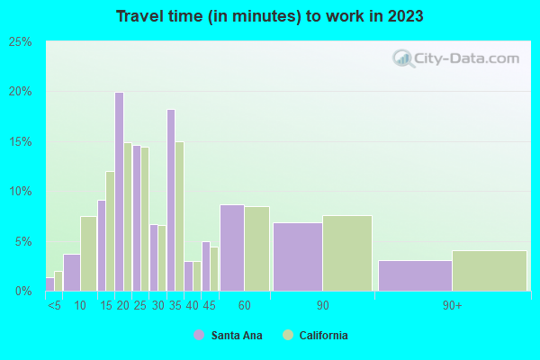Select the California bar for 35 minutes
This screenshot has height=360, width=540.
click(x=179, y=216)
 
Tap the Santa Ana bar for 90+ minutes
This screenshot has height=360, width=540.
click(x=415, y=275)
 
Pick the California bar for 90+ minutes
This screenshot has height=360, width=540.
click(x=489, y=271)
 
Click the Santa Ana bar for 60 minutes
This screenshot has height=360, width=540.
click(x=231, y=247)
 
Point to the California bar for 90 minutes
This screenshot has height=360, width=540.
click(x=346, y=253)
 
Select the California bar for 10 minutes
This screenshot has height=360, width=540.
click(x=88, y=254)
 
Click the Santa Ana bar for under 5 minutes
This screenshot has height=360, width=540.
click(x=49, y=283)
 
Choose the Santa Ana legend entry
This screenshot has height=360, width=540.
click(x=225, y=336)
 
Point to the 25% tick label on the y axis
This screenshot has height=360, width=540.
click(x=21, y=42)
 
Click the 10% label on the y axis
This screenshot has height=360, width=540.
click(x=21, y=192)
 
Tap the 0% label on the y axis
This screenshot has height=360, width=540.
click(x=23, y=292)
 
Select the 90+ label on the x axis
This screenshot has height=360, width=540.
click(x=452, y=306)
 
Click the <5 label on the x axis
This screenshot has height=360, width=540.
click(x=54, y=306)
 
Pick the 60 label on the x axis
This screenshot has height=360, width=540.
click(x=243, y=306)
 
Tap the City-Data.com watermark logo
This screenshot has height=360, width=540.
click(x=456, y=59)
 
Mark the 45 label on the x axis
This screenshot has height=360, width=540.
click(x=210, y=306)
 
